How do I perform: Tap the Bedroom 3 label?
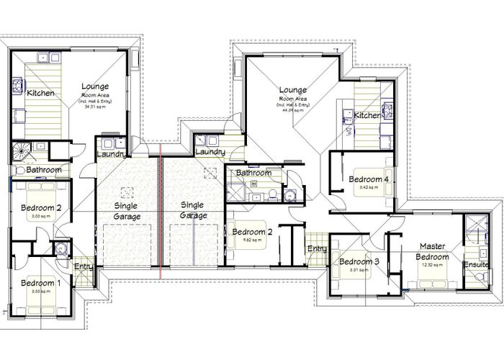pos(359,261)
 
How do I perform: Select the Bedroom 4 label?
pos(369,179)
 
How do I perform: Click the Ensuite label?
pos(475,264)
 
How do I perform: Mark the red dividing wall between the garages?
pos(161,216)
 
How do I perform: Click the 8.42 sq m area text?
pos(369,188)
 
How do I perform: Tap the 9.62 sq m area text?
pos(249,241)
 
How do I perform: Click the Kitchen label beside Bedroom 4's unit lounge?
pos(367,115)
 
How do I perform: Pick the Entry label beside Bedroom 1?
pos(84,267)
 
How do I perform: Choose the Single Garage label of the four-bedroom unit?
pos(193,210)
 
